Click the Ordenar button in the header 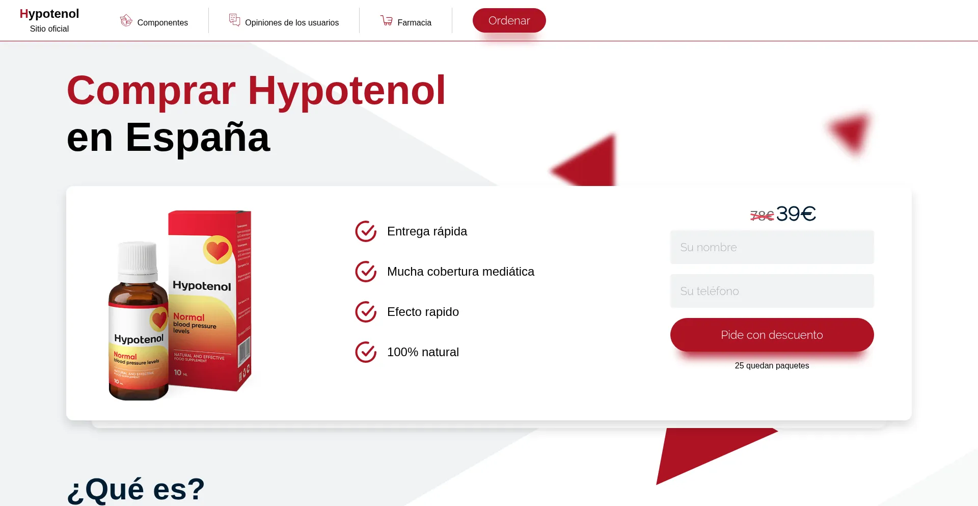click(509, 20)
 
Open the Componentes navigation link click(162, 22)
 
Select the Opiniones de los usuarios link click(291, 22)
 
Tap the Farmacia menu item click(414, 22)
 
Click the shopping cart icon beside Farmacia click(387, 20)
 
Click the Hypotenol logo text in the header click(49, 14)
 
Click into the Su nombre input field click(772, 247)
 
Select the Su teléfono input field click(772, 291)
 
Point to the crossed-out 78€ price click(762, 216)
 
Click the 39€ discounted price click(796, 214)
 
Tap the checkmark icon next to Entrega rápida click(366, 231)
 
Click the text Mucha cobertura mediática click(460, 272)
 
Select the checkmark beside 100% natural click(366, 352)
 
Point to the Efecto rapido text click(423, 312)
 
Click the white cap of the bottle click(138, 258)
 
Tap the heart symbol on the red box click(218, 250)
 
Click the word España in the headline click(198, 138)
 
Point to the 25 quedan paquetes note click(772, 366)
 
